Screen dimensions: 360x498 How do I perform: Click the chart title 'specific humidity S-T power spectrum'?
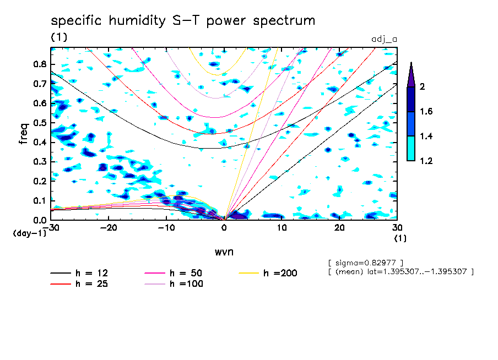click(183, 21)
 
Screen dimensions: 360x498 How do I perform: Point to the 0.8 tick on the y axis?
click(40, 64)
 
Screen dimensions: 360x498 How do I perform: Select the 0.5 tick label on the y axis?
click(40, 123)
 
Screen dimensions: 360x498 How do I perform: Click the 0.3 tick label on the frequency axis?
click(40, 162)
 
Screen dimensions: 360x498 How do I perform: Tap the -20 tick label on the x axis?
click(109, 228)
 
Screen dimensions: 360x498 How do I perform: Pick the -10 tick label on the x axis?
click(166, 228)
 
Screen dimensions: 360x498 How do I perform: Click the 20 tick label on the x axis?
click(339, 228)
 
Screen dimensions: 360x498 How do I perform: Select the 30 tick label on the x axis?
click(397, 228)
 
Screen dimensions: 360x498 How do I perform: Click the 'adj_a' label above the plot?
click(385, 40)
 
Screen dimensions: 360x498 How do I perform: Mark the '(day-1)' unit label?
click(30, 233)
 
